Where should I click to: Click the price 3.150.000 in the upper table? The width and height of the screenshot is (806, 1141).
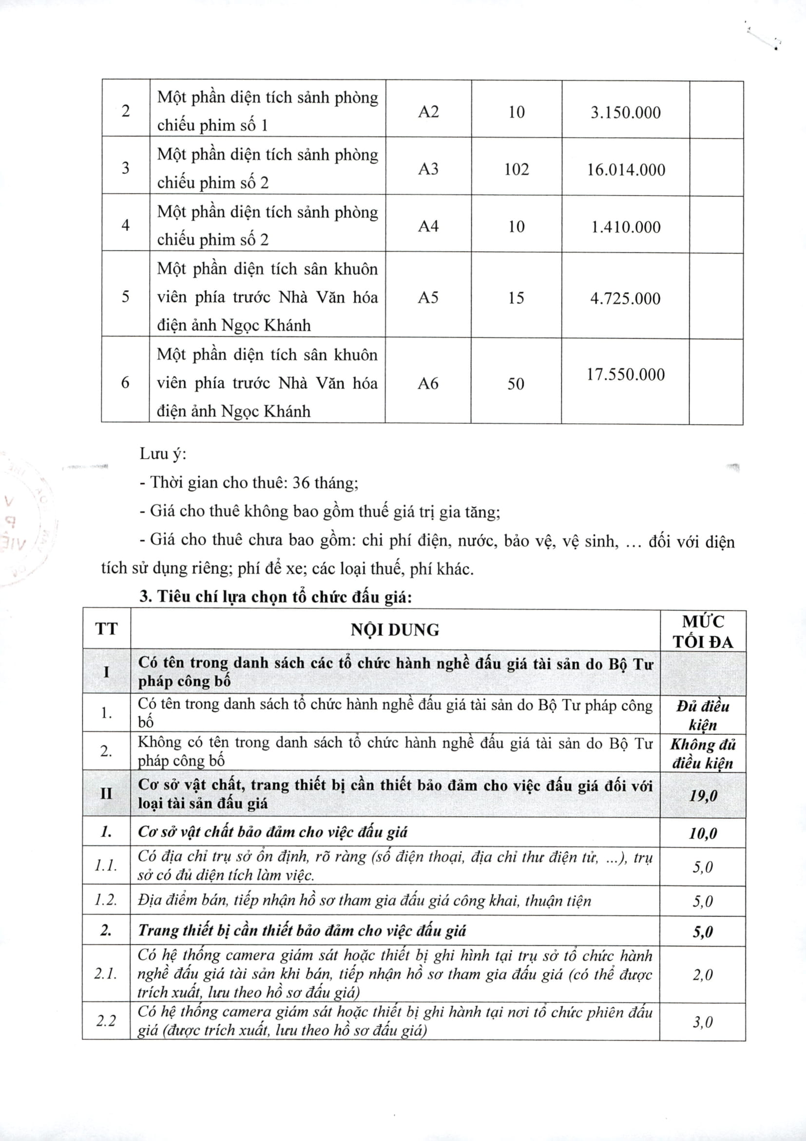626,112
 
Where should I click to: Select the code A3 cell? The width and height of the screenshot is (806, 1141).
428,169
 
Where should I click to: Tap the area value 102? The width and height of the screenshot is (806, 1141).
516,169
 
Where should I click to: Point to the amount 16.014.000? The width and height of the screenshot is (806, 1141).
626,170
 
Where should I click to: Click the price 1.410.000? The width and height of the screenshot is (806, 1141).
626,227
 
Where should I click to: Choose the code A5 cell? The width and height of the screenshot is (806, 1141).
428,297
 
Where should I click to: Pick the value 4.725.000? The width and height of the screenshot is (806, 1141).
626,298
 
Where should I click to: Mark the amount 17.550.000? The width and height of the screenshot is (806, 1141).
626,374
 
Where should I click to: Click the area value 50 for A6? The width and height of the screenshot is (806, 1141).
516,383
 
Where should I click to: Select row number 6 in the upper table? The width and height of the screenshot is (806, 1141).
125,382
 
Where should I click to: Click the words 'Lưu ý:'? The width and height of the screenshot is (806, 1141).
163,454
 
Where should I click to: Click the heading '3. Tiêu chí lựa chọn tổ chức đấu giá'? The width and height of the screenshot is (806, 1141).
275,597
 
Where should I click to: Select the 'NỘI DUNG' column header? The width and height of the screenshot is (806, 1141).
395,630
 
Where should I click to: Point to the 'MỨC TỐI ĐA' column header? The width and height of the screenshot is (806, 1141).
703,631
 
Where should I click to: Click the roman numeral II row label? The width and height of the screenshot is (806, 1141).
106,793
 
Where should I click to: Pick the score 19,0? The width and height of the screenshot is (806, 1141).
703,796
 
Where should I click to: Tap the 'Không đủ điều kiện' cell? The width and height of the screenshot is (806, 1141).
703,753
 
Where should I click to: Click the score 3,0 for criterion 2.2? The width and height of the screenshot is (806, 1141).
703,1022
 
